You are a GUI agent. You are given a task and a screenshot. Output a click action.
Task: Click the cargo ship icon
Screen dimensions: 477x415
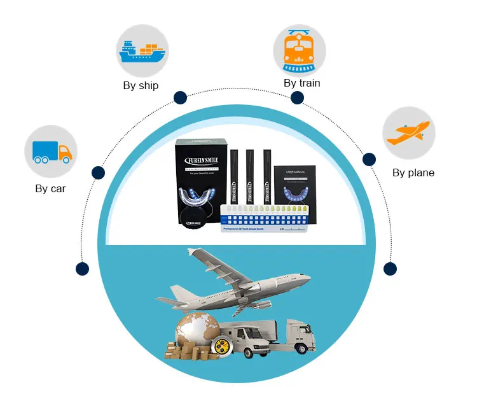click(x=142, y=51)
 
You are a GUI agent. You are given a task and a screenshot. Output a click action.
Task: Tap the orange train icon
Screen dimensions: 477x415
click(x=300, y=51)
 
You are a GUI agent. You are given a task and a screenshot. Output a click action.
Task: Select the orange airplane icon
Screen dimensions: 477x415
click(x=408, y=133)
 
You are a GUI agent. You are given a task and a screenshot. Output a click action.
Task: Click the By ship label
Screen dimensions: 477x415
click(x=141, y=85)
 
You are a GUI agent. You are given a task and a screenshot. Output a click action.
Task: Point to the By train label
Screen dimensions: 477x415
click(x=301, y=83)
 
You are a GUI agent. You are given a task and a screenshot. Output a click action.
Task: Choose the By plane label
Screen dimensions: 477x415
click(x=413, y=172)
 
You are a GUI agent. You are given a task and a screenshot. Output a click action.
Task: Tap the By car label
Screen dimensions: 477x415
click(x=50, y=188)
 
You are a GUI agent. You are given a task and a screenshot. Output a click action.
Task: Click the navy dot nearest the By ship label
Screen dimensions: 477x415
click(x=180, y=97)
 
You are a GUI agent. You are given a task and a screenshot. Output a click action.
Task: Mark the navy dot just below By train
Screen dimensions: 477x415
click(x=297, y=97)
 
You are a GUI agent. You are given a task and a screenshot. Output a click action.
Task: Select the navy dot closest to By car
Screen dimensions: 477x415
click(x=98, y=172)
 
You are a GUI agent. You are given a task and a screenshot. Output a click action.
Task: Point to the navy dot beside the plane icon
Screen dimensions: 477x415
click(x=370, y=159)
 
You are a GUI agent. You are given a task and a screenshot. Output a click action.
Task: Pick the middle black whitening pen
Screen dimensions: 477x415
click(x=248, y=176)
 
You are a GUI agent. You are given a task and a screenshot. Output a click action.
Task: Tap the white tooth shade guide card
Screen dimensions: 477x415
click(x=268, y=219)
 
